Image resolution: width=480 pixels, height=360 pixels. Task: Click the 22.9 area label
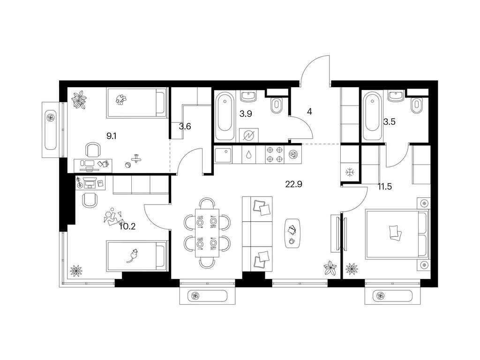pos(293,184)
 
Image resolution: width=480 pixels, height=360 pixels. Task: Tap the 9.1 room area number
pos(111,136)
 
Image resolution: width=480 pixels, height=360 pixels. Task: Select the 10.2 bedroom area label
pos(127,226)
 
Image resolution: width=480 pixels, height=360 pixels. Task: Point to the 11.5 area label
pos(385,187)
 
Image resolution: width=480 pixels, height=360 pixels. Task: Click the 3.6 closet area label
pos(185,126)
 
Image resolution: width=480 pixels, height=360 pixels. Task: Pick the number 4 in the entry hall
pos(309,112)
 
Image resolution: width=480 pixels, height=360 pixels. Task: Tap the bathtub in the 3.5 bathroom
pos(372,116)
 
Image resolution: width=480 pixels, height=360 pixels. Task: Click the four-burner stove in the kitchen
pos(275,155)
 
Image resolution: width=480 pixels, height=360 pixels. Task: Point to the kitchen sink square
pos(223,155)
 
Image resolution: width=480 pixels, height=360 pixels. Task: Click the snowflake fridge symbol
pos(349,172)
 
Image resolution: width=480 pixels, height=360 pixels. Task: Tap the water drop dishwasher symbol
pos(249,155)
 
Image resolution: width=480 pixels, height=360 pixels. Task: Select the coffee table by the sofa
pos(292,233)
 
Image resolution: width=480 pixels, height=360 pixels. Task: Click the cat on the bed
pos(133,255)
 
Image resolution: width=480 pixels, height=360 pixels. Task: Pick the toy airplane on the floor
pos(135,158)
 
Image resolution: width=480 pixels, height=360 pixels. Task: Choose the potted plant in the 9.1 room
pos(79,99)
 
